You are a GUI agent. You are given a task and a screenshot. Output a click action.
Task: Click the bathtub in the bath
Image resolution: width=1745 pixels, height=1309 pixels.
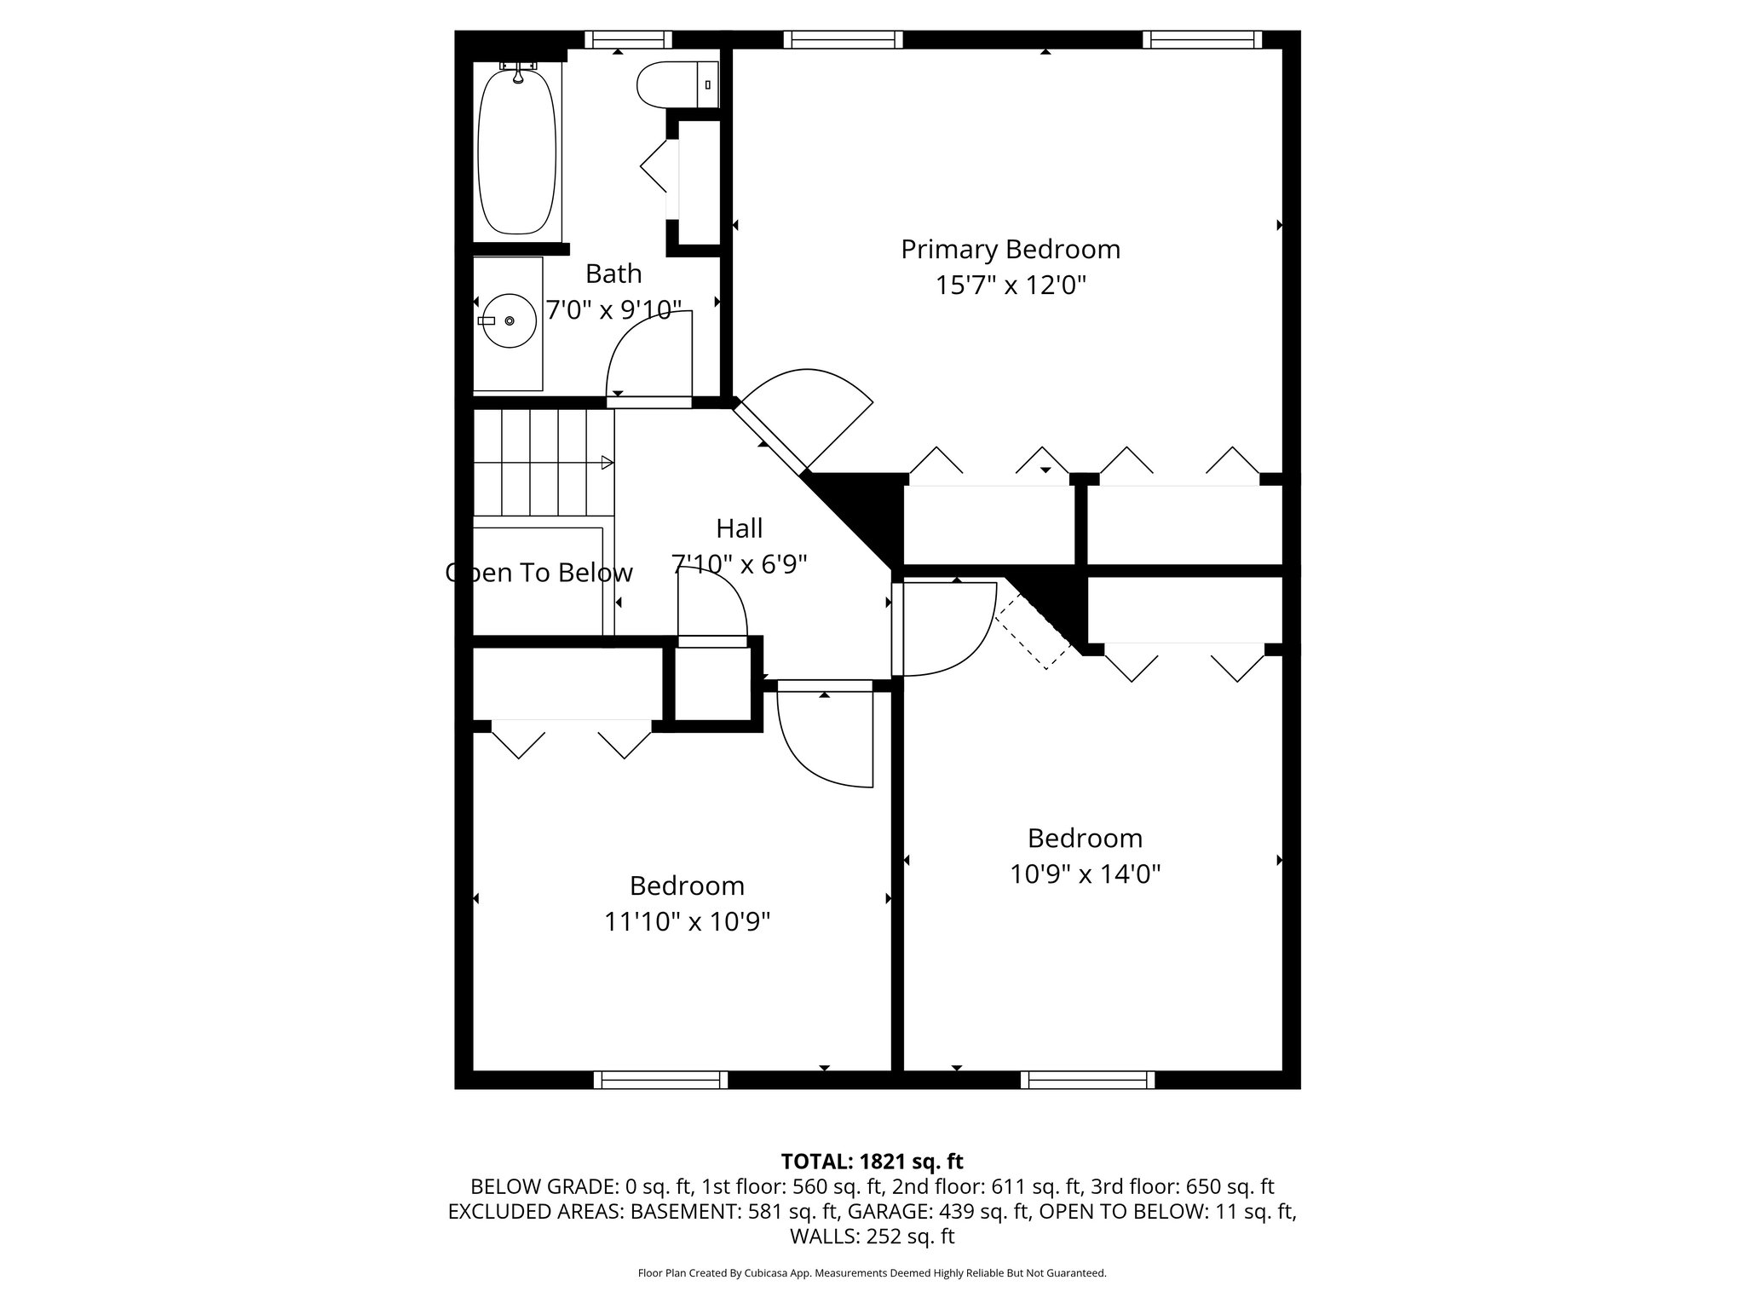[517, 152]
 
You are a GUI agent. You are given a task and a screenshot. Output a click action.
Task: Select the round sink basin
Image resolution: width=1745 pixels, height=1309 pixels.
[508, 320]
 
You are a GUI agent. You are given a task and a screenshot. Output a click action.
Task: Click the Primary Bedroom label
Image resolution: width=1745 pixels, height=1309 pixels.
[1011, 250]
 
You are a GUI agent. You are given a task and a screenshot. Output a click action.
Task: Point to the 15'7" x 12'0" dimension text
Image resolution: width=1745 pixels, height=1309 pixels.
[1011, 285]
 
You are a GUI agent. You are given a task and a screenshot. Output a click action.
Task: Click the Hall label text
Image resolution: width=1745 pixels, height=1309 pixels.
[739, 528]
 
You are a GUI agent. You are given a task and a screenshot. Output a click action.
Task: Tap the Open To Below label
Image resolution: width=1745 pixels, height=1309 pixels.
[539, 573]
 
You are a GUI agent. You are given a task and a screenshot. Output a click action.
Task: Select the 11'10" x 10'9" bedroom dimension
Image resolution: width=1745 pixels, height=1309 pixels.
[687, 921]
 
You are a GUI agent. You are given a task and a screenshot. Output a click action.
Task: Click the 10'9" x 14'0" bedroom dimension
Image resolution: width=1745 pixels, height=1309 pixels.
[1085, 874]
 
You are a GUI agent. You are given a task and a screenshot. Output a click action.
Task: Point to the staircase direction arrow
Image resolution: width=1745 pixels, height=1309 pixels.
[607, 463]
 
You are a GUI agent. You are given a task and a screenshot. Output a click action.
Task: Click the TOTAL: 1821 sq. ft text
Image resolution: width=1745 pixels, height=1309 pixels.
[872, 1161]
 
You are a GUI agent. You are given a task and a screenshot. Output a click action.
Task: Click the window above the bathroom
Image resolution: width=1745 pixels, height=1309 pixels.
[628, 39]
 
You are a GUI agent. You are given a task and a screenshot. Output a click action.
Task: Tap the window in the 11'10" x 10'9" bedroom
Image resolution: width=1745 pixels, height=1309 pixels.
[661, 1080]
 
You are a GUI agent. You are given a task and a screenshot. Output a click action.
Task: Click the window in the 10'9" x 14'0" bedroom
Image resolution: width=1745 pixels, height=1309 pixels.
[1088, 1080]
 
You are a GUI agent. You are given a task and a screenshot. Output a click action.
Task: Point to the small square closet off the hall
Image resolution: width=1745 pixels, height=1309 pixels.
[712, 684]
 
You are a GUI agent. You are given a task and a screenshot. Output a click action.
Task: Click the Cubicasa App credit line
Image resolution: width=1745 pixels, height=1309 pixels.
[872, 1273]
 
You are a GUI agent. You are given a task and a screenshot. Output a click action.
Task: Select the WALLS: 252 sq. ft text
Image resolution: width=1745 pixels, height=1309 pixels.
[872, 1236]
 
